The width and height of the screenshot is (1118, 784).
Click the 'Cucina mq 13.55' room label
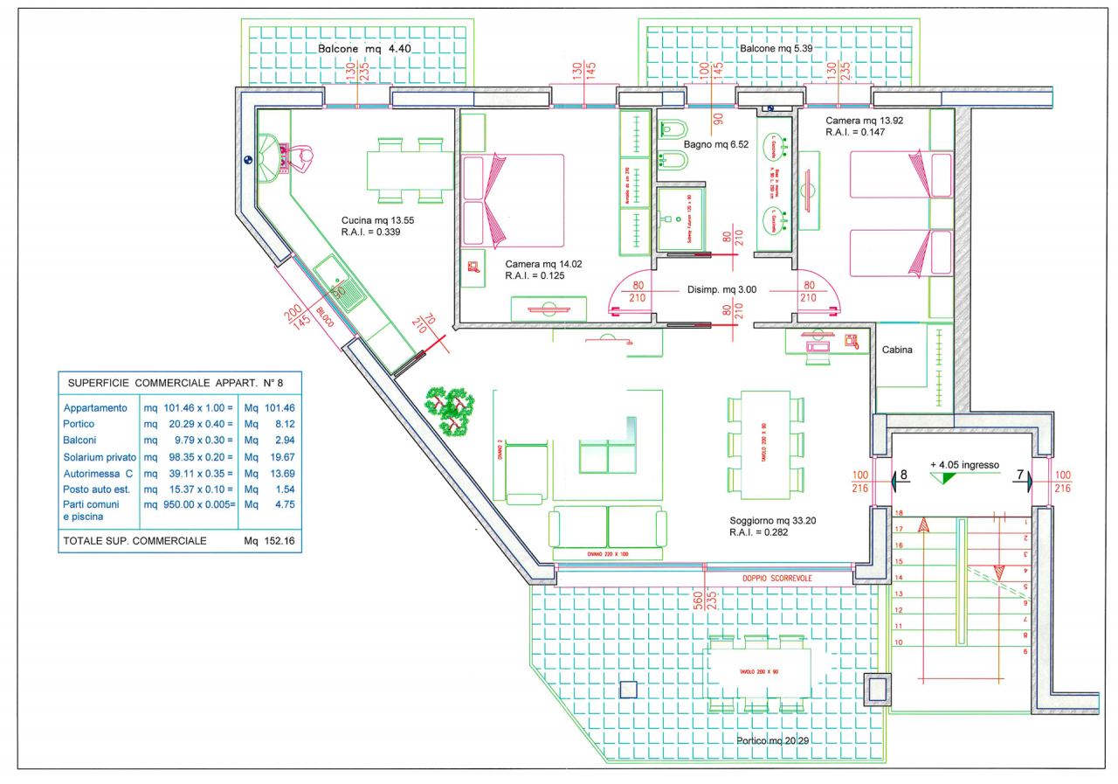(377, 220)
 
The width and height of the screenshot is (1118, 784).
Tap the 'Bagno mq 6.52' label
(717, 144)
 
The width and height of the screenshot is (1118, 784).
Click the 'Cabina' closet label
(896, 350)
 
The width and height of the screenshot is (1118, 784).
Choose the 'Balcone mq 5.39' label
(776, 49)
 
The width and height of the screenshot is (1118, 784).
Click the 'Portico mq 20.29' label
(774, 740)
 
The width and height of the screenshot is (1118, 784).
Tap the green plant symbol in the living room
(451, 408)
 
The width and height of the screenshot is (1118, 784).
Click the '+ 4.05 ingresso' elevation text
(964, 465)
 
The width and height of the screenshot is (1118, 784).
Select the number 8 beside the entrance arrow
(904, 475)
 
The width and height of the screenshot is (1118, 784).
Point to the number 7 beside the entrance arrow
(1018, 475)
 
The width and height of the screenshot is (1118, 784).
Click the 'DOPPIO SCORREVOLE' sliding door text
(777, 579)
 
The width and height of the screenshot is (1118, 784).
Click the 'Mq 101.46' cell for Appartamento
(270, 407)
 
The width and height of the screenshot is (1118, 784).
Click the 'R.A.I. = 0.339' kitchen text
(371, 232)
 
